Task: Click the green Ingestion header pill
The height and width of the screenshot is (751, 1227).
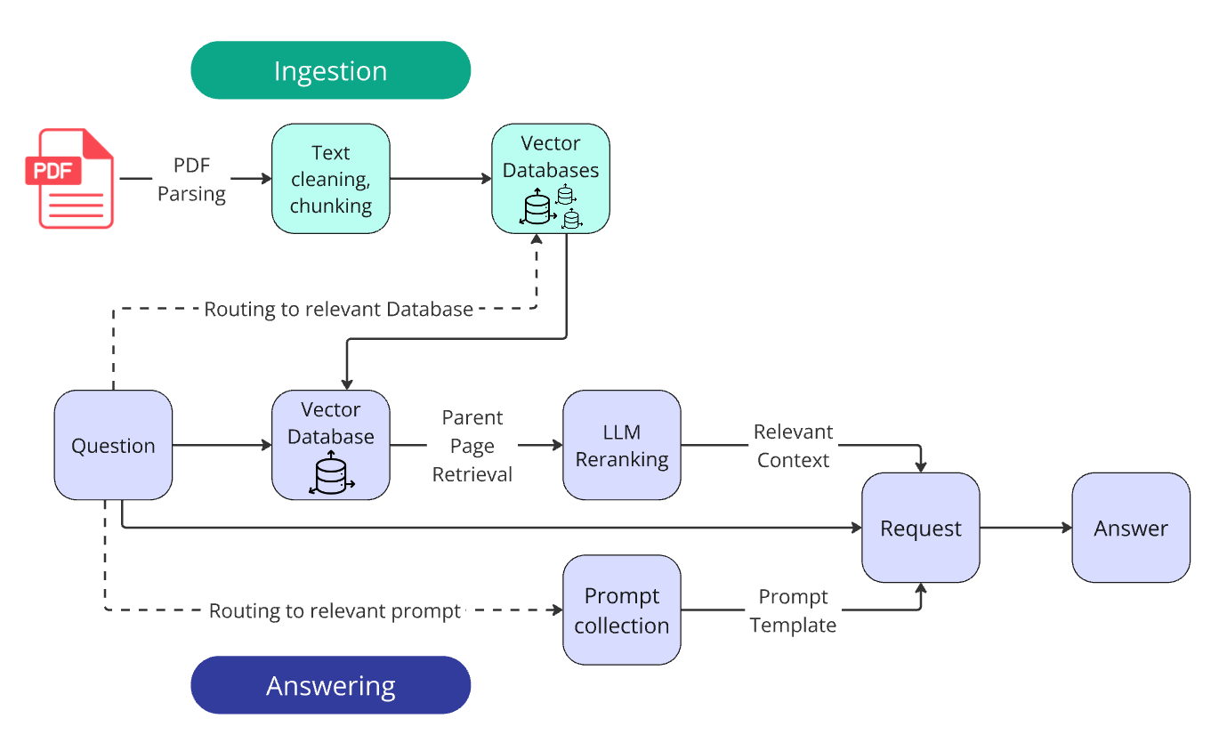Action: coord(330,70)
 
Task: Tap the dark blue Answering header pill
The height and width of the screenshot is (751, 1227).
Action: coord(330,685)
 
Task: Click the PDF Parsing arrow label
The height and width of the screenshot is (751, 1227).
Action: coord(191,179)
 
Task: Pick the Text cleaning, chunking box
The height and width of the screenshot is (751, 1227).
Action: coord(330,179)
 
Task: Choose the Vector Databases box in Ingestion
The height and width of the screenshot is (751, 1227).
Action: coord(551,178)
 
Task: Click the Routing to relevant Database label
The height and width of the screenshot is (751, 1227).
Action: coord(338,310)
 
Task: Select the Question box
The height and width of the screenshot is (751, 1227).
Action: coord(113,445)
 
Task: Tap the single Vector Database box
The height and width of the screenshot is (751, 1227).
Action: coord(330,444)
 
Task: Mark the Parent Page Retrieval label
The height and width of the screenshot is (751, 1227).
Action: coord(472,446)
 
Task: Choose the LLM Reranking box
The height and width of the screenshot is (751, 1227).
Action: coord(621,445)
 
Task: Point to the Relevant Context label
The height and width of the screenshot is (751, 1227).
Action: coord(793,446)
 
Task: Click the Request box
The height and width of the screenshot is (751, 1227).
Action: coord(920,528)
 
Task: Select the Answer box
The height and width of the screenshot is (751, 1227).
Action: coord(1130,528)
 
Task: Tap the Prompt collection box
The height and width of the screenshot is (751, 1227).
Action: coord(621,610)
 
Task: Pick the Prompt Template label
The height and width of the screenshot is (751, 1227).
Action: coord(793,610)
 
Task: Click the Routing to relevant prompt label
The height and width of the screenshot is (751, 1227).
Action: coord(335,611)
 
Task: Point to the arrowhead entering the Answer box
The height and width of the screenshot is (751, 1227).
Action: coord(1067,528)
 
